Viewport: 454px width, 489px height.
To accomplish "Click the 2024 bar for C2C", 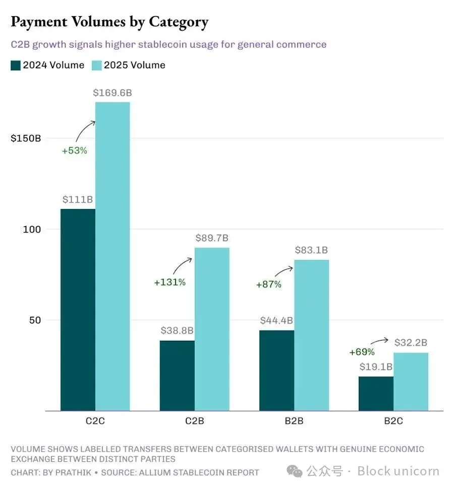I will pos(78,309).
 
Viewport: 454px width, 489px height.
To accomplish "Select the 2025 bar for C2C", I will pos(112,256).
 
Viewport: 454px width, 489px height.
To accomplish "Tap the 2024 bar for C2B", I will pos(177,375).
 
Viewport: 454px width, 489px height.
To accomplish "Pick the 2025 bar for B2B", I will pos(312,335).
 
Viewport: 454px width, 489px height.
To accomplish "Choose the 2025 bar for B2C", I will pos(411,382).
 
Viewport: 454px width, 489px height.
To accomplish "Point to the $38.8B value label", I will pos(178,331).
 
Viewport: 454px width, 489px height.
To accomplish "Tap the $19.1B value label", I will pos(376,366).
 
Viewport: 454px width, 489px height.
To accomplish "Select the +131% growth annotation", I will pos(169,283).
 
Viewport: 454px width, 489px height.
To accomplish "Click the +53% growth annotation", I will pos(75,150).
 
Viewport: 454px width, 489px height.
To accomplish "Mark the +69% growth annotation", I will pos(362,352).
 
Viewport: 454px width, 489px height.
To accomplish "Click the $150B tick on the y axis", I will pos(26,138).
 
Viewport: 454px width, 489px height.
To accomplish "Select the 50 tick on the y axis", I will pos(33,320).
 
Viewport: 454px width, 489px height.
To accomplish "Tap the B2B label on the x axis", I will pos(294,421).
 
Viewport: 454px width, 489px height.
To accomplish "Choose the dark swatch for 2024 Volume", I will pos(16,65).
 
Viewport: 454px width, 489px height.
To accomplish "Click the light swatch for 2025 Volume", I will pos(96,65).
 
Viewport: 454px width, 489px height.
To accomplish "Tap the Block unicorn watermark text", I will pos(399,471).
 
